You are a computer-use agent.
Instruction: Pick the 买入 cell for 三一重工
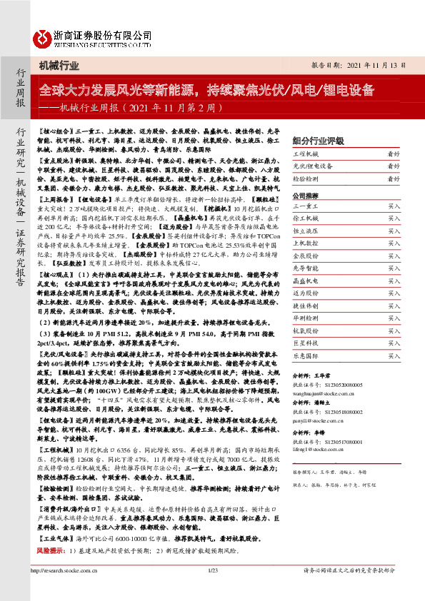tap(394, 206)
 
